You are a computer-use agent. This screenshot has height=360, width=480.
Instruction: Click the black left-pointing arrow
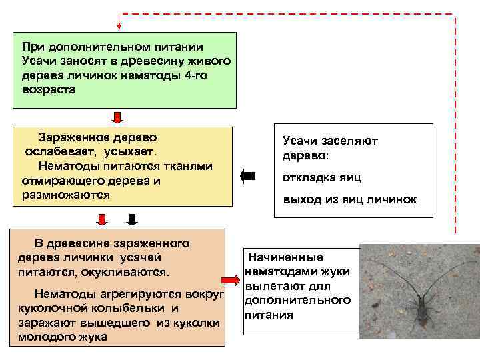click(247, 176)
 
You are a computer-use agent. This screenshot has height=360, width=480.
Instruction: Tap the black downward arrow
click(132, 219)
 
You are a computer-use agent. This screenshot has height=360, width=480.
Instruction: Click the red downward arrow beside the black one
click(103, 219)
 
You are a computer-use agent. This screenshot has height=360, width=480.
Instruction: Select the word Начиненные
click(286, 257)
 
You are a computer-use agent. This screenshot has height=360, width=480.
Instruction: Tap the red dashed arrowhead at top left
click(119, 26)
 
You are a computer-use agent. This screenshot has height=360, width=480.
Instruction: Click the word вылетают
click(271, 286)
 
